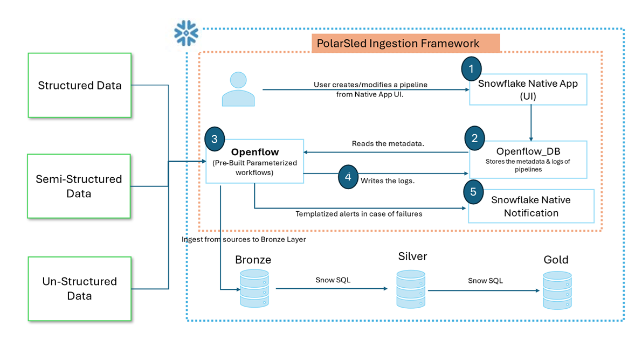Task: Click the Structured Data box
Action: point(79,85)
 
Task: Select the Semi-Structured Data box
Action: point(79,186)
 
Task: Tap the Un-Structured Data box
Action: point(79,288)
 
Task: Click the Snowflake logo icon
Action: point(187,33)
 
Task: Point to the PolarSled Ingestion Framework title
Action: point(405,44)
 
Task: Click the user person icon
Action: point(238,89)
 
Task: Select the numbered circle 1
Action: point(472,69)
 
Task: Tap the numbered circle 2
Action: point(474,138)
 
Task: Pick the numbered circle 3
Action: point(215,140)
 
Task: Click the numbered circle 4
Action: point(348,177)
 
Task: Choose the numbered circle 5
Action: point(473,191)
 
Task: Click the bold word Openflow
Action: point(255,152)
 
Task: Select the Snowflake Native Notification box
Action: point(531,206)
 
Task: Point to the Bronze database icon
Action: point(254,289)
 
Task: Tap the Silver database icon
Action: point(411,289)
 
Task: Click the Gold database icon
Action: point(557,290)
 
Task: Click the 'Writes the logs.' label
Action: point(388,180)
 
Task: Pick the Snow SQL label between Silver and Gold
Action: point(485,281)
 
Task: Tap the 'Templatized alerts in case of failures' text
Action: point(358,214)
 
